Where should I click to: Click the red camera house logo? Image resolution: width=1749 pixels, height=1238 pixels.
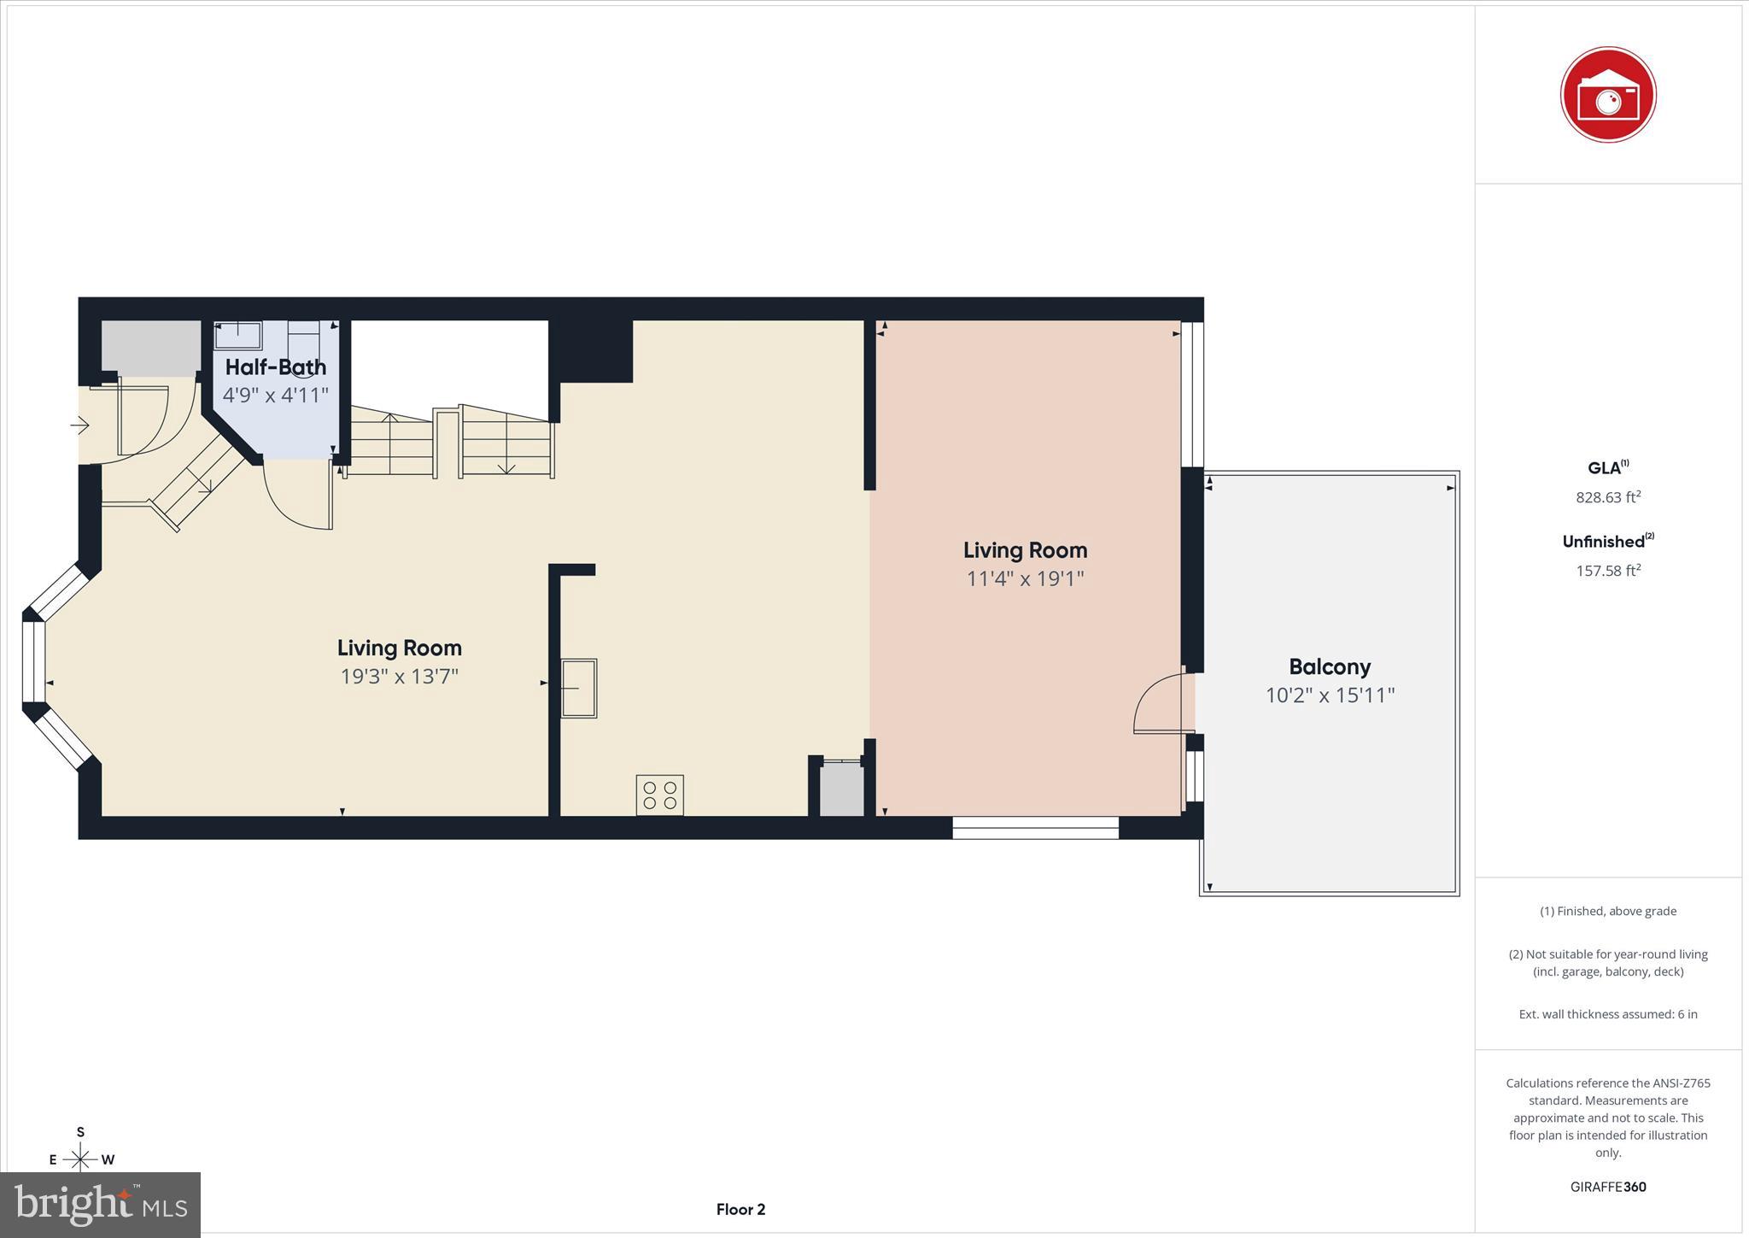tap(1607, 95)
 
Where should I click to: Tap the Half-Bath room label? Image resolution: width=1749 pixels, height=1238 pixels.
tap(275, 367)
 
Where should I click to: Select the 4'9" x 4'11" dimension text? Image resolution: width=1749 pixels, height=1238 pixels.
tap(275, 396)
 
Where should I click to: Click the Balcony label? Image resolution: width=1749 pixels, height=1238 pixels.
tap(1329, 666)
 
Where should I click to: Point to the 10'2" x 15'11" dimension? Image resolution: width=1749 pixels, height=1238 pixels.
tap(1329, 695)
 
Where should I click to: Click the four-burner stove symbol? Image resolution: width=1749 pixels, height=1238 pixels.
tap(659, 795)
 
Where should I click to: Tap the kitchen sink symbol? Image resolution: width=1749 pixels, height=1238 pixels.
tap(578, 688)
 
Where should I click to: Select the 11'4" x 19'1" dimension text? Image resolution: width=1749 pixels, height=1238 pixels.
tap(1025, 579)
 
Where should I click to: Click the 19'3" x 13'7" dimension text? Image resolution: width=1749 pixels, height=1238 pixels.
tap(399, 677)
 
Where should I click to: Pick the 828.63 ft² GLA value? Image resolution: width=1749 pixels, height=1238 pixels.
tap(1607, 497)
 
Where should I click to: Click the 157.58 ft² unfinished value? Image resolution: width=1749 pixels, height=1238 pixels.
tap(1607, 571)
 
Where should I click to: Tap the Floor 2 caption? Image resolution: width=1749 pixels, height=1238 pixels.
tap(740, 1209)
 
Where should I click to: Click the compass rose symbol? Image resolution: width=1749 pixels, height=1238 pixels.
tap(80, 1159)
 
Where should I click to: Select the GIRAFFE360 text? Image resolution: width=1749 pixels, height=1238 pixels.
tap(1607, 1187)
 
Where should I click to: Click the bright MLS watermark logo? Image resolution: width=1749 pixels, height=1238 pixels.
tap(100, 1205)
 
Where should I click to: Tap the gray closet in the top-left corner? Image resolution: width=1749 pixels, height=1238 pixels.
tap(150, 348)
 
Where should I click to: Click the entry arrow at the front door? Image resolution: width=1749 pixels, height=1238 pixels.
tap(79, 425)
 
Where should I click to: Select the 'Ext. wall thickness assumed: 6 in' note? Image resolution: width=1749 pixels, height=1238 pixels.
tap(1607, 1014)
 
